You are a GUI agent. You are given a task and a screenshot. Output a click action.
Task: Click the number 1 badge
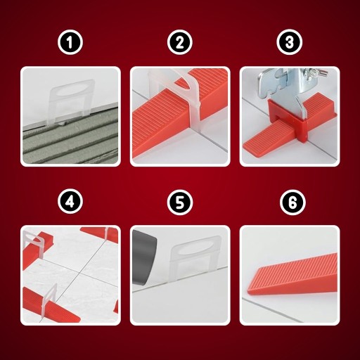pos(70,42)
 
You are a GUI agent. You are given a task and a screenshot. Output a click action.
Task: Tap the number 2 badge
pos(180,42)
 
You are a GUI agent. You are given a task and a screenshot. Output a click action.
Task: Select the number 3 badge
pos(289,42)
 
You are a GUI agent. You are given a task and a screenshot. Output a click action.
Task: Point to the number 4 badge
pos(70,202)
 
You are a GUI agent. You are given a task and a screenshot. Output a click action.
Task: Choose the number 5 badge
pos(180,202)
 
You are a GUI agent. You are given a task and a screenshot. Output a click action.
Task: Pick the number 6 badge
pos(292,202)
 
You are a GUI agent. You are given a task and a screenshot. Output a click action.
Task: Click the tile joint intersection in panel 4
pos(80,274)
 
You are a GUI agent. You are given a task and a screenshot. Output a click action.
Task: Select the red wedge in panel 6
pos(293,274)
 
